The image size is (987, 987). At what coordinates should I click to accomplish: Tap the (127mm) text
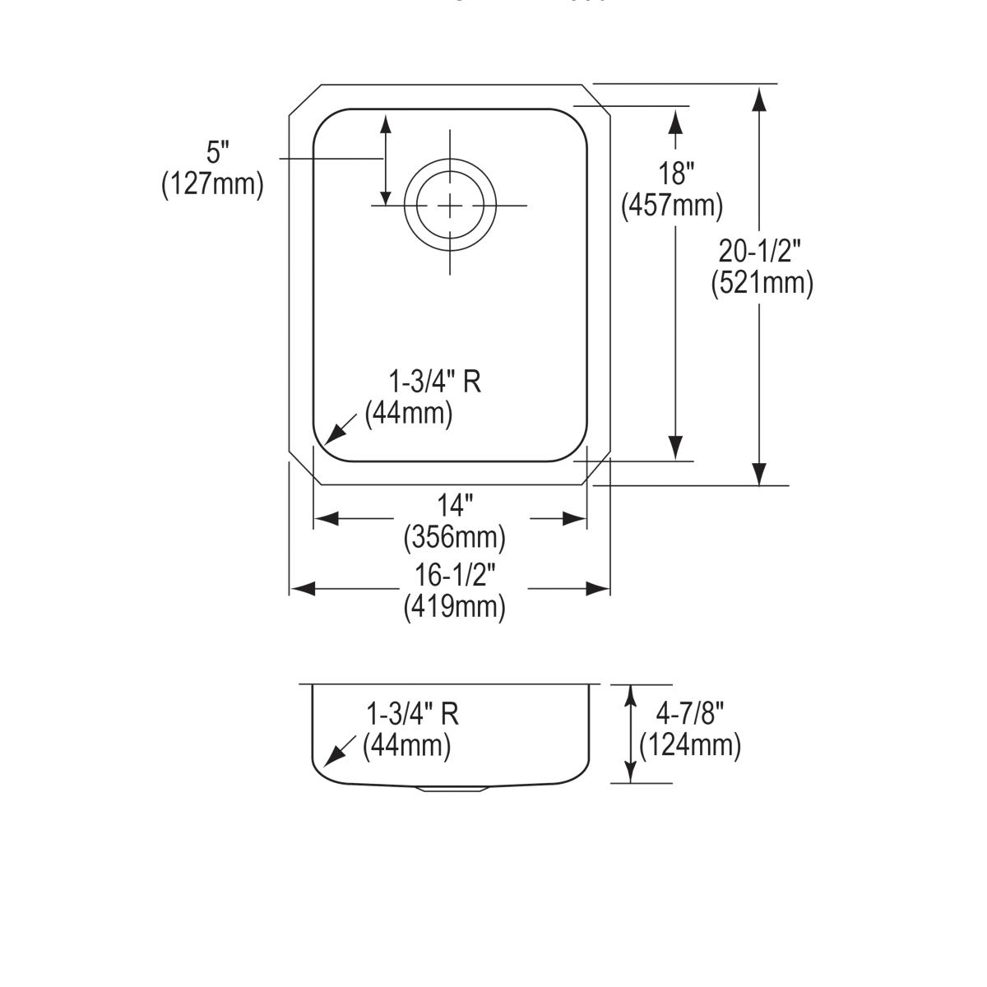(x=212, y=183)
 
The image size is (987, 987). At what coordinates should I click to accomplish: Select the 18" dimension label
(x=676, y=174)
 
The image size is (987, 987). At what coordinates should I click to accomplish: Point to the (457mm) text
(x=672, y=205)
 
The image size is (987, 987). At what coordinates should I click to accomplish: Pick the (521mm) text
(x=762, y=282)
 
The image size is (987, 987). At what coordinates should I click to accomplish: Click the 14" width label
(x=455, y=504)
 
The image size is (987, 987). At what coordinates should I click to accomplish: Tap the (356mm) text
(x=454, y=537)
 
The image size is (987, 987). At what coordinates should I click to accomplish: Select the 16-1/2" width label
(x=455, y=575)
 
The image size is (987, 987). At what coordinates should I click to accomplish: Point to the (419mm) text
(x=454, y=607)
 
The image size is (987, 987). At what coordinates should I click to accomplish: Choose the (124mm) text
(x=690, y=745)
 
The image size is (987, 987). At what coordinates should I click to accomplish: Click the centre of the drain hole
(x=449, y=205)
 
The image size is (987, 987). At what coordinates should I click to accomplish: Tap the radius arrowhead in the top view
(x=333, y=435)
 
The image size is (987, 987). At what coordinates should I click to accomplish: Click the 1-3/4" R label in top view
(x=434, y=382)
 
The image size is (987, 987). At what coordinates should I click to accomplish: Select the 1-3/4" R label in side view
(x=412, y=713)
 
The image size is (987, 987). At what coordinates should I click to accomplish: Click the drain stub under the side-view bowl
(x=453, y=788)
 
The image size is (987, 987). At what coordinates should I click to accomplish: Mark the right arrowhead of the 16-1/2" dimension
(x=598, y=589)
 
